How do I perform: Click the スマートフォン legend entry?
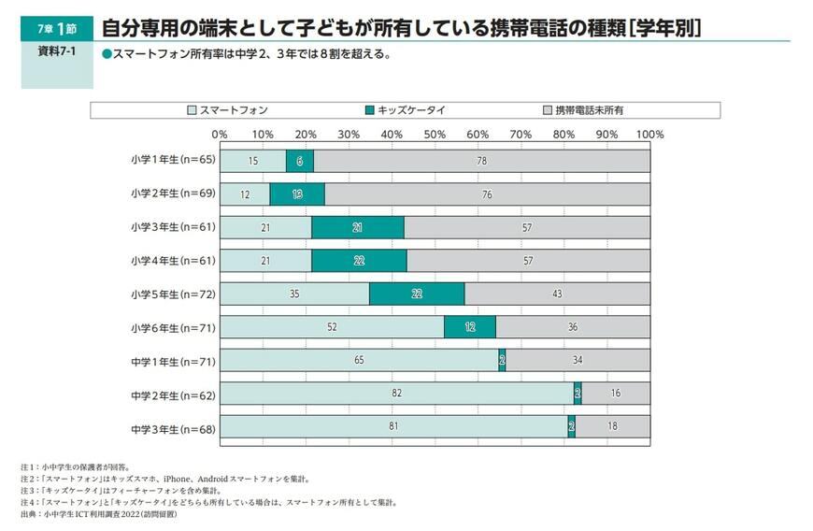coord(227,110)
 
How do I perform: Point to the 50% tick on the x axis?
coord(435,135)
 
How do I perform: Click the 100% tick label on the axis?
coord(649,135)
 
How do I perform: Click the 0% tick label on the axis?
coord(220,135)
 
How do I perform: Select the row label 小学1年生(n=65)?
coord(173,160)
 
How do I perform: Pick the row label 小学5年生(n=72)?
coord(173,294)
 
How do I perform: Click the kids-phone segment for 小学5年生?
coord(417,294)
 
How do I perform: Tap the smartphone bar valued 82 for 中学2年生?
coord(396,394)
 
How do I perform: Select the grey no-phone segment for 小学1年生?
coord(481,161)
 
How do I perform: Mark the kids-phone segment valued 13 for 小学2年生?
coord(297,194)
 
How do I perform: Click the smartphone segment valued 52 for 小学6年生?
coord(332,327)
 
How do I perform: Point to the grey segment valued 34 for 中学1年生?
coord(578,361)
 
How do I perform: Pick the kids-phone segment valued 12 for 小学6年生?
coord(469,327)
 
